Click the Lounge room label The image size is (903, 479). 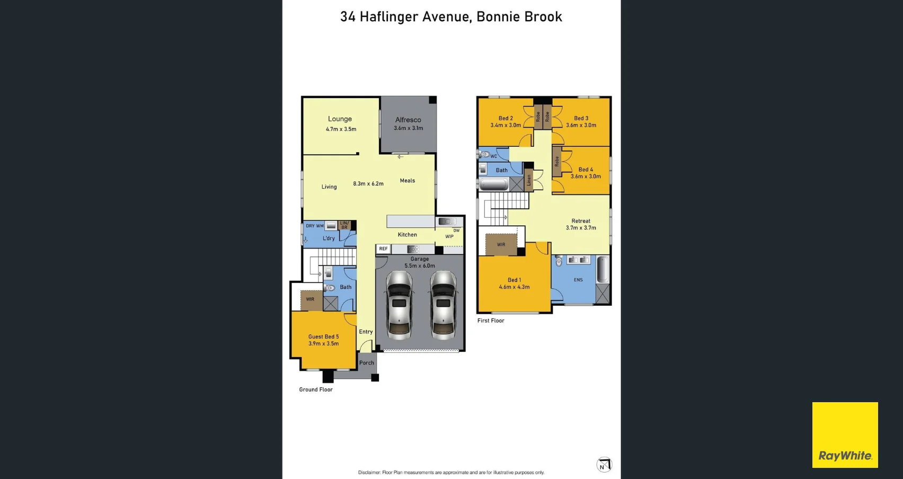(x=340, y=119)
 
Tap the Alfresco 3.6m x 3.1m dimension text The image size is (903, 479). (x=408, y=128)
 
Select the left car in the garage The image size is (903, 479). (x=399, y=306)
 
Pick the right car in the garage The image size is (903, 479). (x=443, y=306)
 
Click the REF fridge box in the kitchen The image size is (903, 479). (x=383, y=249)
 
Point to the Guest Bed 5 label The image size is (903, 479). (x=323, y=337)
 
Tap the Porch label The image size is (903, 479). (x=367, y=363)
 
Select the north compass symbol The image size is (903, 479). (x=604, y=465)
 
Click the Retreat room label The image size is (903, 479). (x=581, y=221)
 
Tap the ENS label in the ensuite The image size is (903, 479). (x=578, y=280)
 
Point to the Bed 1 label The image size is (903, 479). (x=514, y=280)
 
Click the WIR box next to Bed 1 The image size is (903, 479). (x=501, y=244)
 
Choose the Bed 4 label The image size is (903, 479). (x=586, y=170)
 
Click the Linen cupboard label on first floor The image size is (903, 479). (x=529, y=180)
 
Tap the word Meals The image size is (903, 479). (x=408, y=181)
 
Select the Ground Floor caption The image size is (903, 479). (x=316, y=389)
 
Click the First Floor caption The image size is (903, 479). (x=491, y=321)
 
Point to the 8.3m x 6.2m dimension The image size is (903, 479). (x=368, y=184)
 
